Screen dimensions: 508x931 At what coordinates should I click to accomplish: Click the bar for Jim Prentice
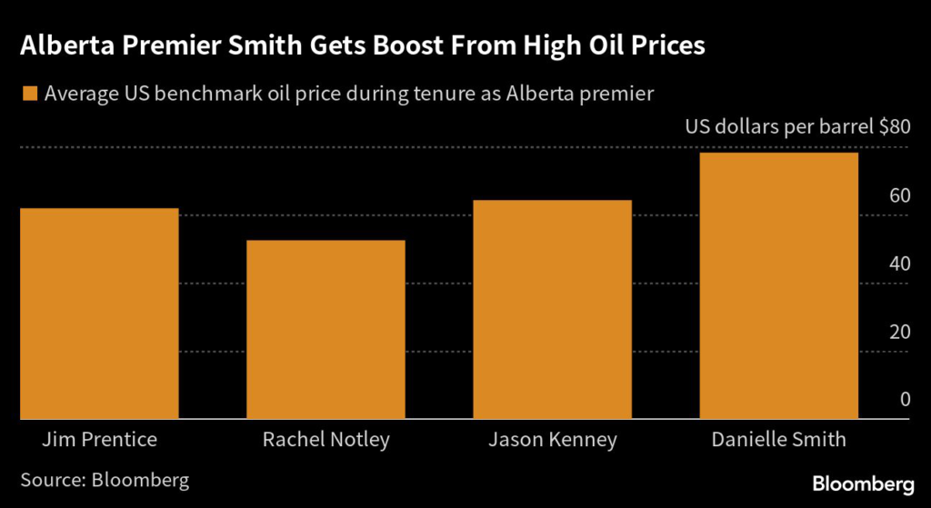(99, 314)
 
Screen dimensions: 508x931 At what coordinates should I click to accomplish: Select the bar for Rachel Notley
(325, 329)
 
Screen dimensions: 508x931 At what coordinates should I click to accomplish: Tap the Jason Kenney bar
(553, 309)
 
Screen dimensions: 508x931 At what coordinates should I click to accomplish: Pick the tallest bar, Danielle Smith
(779, 285)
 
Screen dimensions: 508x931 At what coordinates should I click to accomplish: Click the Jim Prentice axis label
(99, 440)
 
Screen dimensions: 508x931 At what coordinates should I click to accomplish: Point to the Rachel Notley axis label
(325, 440)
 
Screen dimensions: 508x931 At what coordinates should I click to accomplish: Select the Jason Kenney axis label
(553, 440)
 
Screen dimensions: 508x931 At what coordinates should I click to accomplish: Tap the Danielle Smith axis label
(779, 440)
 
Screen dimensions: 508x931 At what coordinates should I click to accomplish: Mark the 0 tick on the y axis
(904, 399)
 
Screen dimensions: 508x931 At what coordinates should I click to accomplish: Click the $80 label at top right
(894, 126)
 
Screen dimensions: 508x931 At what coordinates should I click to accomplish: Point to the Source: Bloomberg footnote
(105, 479)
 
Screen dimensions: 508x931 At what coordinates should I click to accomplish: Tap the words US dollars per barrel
(778, 126)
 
